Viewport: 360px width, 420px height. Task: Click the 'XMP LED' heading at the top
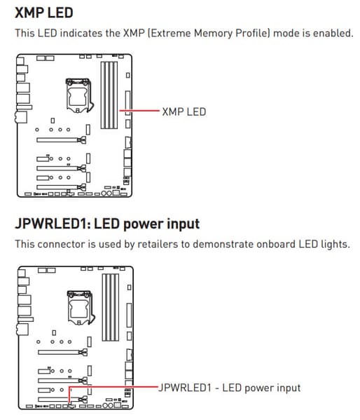44,13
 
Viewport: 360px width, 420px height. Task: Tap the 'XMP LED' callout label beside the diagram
184,111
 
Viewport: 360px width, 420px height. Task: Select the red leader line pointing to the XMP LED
139,110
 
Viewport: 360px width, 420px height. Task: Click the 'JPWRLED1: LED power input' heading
107,224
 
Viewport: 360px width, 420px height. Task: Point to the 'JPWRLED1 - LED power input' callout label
230,388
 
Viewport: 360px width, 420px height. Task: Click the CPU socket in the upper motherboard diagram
80,95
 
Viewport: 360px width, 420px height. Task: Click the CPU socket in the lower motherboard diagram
81,308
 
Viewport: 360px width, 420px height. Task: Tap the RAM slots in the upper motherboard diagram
109,95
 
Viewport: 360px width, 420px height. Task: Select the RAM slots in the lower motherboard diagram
110,307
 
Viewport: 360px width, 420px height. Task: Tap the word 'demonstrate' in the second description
223,244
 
